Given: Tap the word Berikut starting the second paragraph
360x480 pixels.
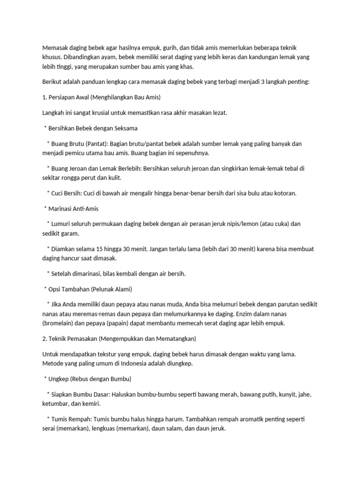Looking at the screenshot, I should (52, 82).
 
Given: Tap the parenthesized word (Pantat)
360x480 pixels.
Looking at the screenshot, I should (96, 143).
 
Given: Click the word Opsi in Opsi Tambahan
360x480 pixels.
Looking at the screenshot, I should (56, 289).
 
